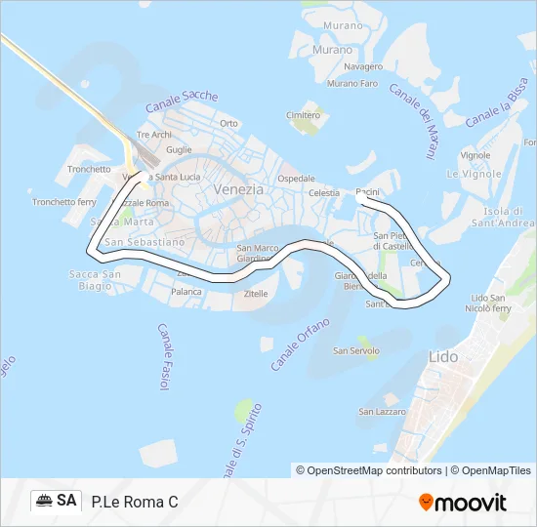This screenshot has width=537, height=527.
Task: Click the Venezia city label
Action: point(238,189)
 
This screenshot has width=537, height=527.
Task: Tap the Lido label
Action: point(443,357)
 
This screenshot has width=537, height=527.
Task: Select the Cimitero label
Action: point(303,115)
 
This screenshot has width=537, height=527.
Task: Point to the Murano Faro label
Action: point(352,84)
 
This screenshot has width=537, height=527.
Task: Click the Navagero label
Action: point(364,66)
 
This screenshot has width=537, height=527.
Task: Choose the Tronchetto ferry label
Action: point(64,202)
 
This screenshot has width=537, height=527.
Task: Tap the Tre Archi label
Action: point(154,135)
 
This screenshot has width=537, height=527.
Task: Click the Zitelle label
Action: point(256,293)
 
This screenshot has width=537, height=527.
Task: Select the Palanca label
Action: point(186,291)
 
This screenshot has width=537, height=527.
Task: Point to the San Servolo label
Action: point(354,350)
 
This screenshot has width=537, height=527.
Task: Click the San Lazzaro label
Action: point(380,412)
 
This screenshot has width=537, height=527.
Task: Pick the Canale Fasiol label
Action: point(163,358)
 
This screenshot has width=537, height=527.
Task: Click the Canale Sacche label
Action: point(182,102)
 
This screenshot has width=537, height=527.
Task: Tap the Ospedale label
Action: point(297,179)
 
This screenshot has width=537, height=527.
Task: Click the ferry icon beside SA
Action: point(44,501)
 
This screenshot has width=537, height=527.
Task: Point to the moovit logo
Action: point(462,502)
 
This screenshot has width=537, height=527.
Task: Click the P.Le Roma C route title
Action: point(135,502)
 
